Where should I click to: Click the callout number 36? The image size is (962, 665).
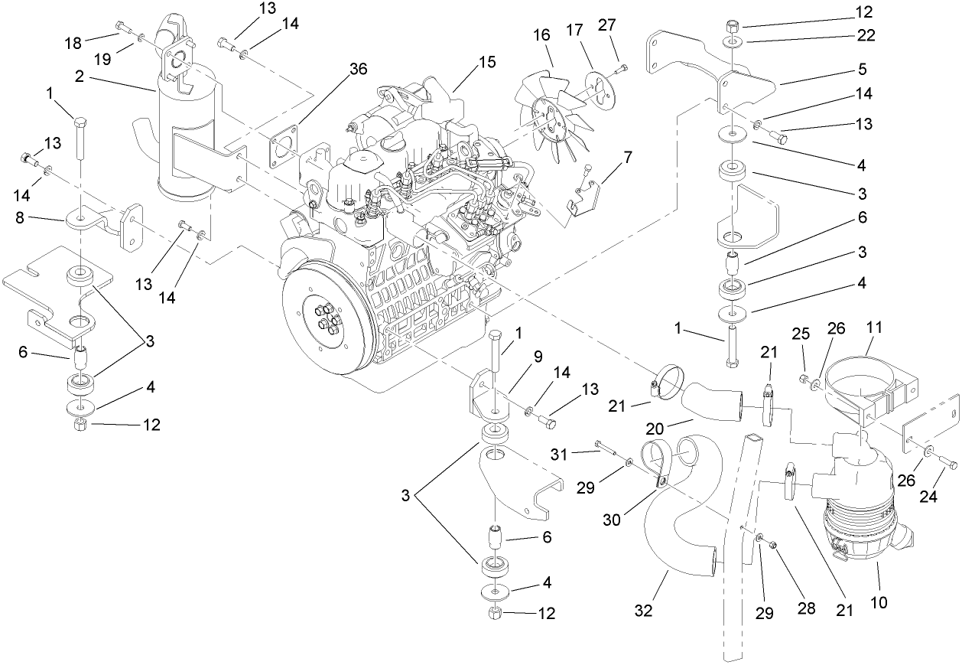(358, 69)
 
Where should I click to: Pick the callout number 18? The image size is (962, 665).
(73, 43)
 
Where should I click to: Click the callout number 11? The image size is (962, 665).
(874, 328)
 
